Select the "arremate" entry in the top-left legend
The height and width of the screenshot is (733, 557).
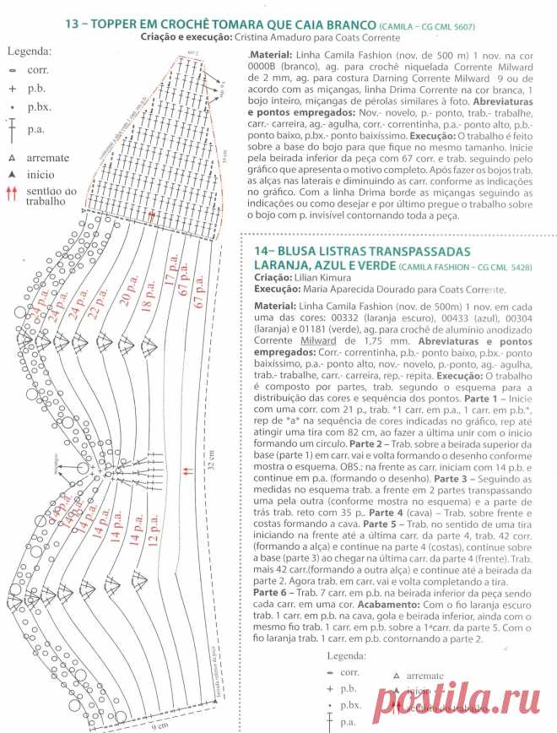point(43,157)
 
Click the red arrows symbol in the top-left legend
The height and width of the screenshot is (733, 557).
point(12,195)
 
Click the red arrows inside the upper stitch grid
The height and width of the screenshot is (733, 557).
point(152,216)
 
